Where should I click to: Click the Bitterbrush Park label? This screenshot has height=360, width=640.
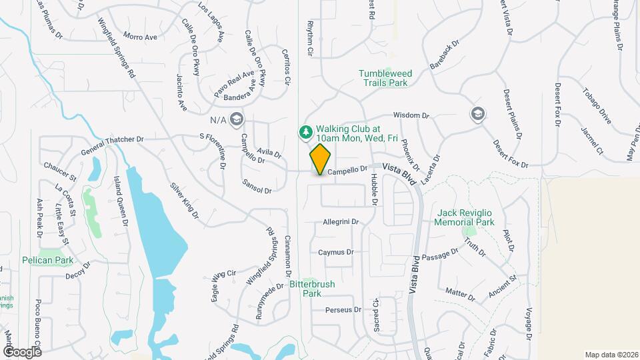coord(312,288)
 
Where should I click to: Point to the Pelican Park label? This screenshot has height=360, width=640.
coord(47,260)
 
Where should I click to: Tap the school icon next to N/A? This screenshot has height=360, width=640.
coord(236,119)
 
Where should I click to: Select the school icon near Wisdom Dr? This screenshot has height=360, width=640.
coord(477,114)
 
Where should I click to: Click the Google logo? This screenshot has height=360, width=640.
coord(22,351)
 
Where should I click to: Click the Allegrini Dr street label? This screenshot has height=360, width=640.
coord(341,222)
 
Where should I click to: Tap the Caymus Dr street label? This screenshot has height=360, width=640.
coord(335,253)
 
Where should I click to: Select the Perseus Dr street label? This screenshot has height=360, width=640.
coord(343,310)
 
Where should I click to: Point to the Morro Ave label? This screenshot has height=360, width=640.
coord(140,37)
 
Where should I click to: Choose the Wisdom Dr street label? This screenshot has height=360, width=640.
coord(411,115)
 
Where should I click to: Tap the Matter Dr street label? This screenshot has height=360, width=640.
coord(460,293)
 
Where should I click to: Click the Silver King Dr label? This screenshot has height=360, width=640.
coord(184,201)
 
